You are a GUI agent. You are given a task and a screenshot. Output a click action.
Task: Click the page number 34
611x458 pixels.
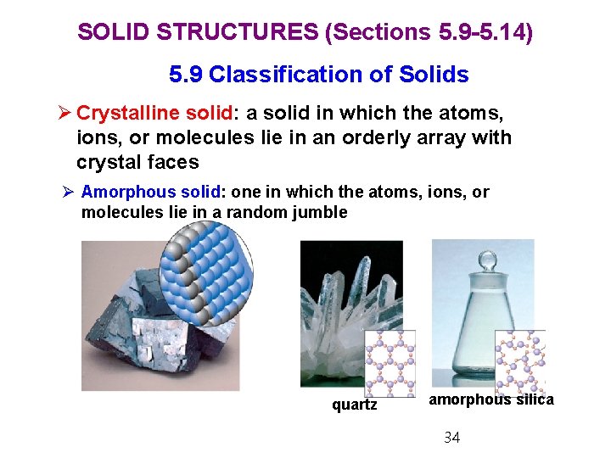(x=452, y=438)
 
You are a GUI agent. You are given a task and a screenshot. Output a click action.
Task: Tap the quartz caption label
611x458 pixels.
(x=354, y=405)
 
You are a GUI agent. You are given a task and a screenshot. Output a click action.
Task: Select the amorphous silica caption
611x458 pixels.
(x=490, y=399)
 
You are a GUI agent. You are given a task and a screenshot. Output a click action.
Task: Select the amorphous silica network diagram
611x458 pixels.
(x=519, y=361)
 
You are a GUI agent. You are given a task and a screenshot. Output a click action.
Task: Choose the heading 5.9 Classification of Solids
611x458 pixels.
(x=318, y=75)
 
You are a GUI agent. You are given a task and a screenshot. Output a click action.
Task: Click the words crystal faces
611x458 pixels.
(x=137, y=161)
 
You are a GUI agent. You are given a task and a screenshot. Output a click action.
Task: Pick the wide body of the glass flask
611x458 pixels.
(x=479, y=339)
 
